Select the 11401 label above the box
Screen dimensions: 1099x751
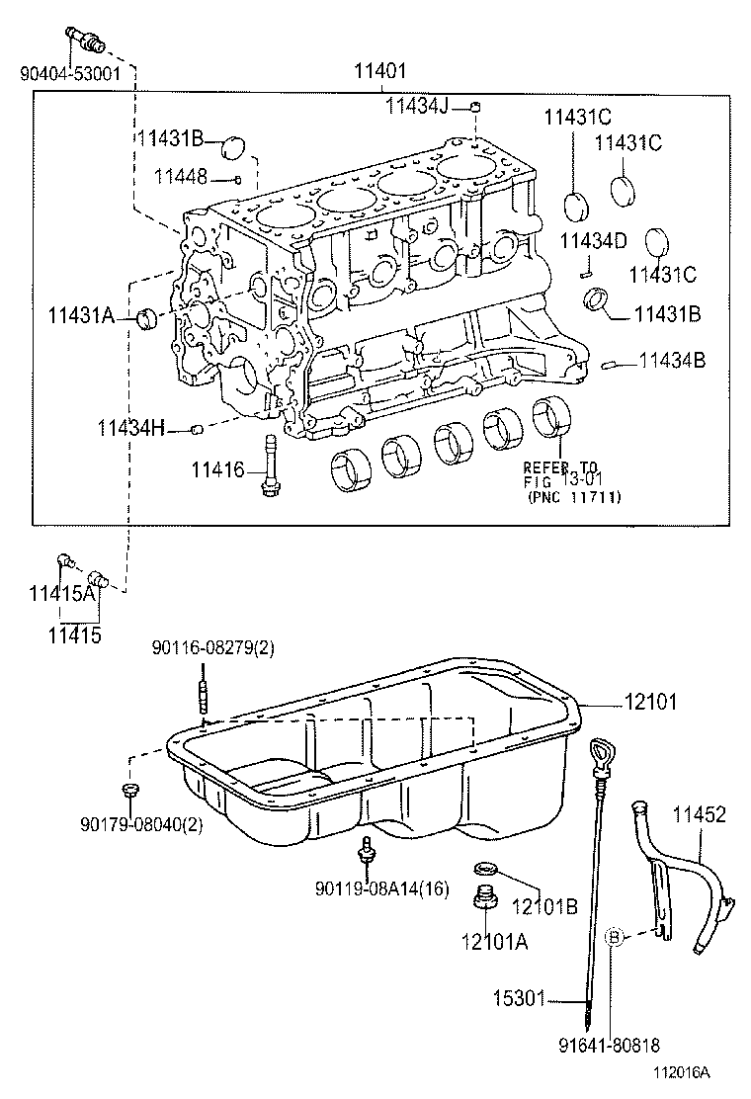point(379,72)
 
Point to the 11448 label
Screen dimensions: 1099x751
point(181,176)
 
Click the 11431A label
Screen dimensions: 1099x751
point(80,316)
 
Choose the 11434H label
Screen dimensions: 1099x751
point(130,428)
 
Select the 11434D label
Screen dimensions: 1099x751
point(593,240)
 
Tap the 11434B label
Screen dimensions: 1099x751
point(672,362)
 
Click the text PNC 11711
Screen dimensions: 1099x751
point(575,498)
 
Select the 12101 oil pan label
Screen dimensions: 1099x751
point(648,703)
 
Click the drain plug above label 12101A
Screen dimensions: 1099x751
point(484,900)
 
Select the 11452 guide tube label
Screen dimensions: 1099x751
point(699,815)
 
